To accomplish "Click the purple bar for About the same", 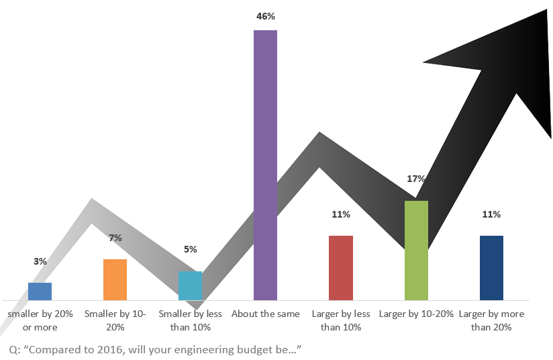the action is point(265,165).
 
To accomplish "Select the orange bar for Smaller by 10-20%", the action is point(115,280).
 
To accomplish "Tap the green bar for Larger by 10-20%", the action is point(416,251).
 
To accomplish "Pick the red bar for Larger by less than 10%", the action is point(341,268).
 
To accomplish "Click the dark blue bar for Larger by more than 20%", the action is point(491,268).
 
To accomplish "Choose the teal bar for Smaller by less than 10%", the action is point(190,286).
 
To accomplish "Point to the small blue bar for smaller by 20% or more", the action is point(40,291).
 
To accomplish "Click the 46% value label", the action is point(266,16).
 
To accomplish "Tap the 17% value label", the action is point(416,179).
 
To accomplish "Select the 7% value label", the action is point(115,238).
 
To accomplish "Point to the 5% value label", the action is point(191,249).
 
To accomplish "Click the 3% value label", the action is point(40,261).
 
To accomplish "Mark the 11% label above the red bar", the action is point(341,214).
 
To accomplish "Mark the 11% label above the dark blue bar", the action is point(491,214).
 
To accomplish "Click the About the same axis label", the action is point(266,314).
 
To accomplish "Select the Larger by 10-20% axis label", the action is point(416,314).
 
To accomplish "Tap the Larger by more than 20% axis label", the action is point(491,320).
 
